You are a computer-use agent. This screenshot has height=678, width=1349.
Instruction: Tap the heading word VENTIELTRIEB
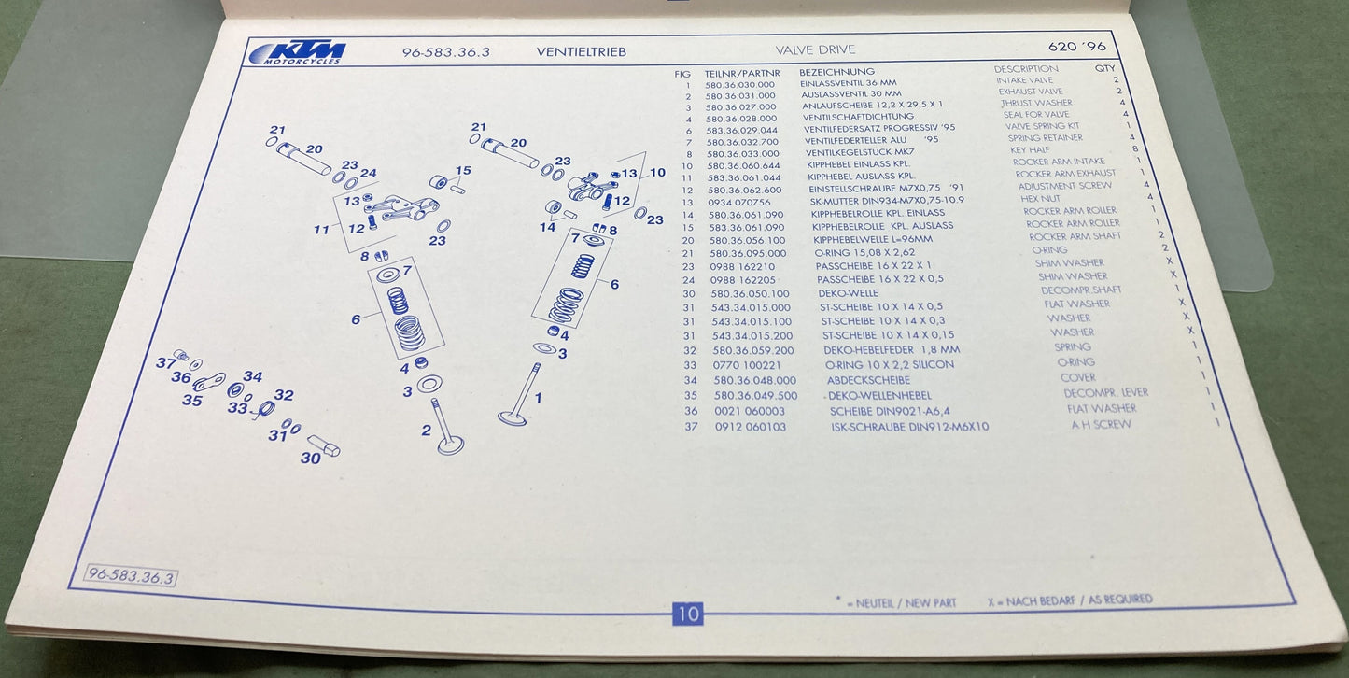point(581,52)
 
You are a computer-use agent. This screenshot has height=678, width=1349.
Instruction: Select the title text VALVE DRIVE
point(815,49)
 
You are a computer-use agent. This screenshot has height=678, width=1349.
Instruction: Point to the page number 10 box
point(687,614)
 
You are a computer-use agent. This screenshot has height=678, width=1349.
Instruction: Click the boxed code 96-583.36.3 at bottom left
point(131,577)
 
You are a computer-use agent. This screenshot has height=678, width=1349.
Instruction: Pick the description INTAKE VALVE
point(1024,81)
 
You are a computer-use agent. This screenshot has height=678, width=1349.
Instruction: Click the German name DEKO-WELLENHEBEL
point(880,395)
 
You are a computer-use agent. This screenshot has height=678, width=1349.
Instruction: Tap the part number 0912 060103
point(751,427)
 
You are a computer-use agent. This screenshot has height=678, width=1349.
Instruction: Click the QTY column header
point(1104,69)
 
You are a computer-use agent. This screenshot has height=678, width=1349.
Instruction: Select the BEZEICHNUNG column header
point(836,72)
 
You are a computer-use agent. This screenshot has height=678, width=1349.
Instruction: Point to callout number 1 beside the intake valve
point(538,398)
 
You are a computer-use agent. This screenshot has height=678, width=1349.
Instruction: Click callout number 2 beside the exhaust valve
point(426,430)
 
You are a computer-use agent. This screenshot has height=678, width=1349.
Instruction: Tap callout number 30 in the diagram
point(310,458)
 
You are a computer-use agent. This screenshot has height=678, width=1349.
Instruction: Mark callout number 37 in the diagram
point(166,362)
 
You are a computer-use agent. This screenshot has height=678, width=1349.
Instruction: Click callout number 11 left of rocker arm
point(321,229)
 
